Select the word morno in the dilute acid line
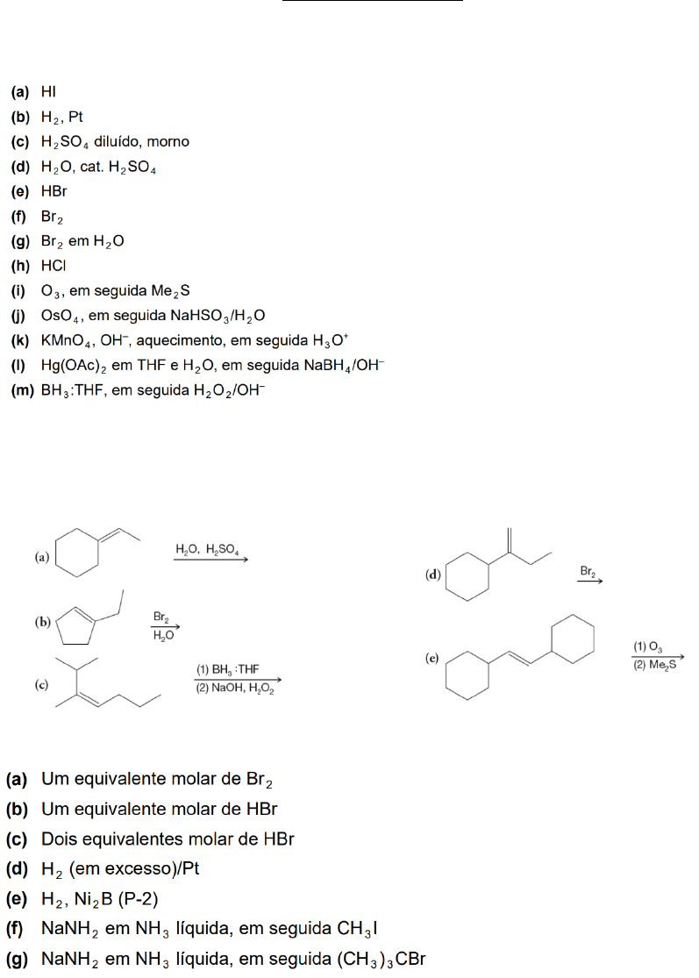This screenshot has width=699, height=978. coord(168,141)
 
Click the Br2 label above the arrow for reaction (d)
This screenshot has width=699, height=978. coord(588,571)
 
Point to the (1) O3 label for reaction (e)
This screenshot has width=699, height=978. coord(649,646)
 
